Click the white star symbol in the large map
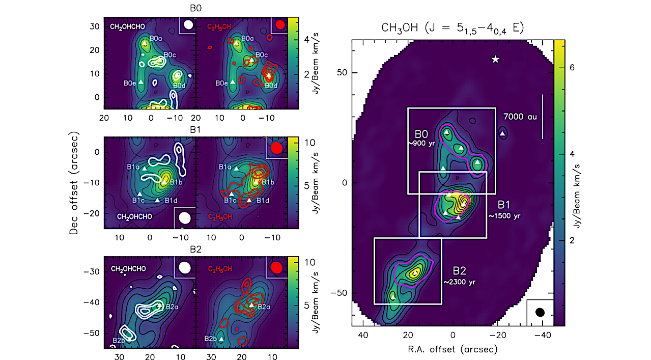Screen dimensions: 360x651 495,60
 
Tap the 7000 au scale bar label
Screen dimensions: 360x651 520,117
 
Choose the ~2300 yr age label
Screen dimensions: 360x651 459,282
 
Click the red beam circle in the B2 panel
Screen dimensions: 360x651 277,267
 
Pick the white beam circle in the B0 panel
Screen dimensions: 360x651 188,24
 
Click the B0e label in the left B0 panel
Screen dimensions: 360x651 130,82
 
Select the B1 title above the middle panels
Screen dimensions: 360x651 196,129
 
